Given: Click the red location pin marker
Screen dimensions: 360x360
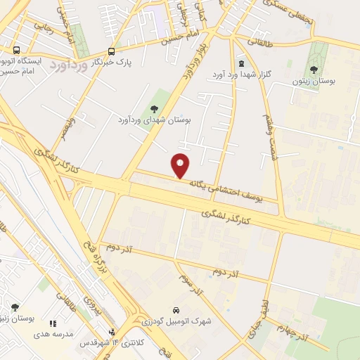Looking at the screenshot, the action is (x=181, y=166).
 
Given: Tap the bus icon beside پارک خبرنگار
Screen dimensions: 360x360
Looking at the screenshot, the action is (x=111, y=51).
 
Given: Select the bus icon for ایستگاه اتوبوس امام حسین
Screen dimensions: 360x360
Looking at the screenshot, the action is (x=15, y=51).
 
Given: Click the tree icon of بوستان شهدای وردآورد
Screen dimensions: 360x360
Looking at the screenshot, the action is (x=155, y=108).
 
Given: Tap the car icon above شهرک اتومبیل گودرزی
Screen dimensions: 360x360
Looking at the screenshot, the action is (x=175, y=311).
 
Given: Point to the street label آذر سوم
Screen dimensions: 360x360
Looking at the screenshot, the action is (x=191, y=285).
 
